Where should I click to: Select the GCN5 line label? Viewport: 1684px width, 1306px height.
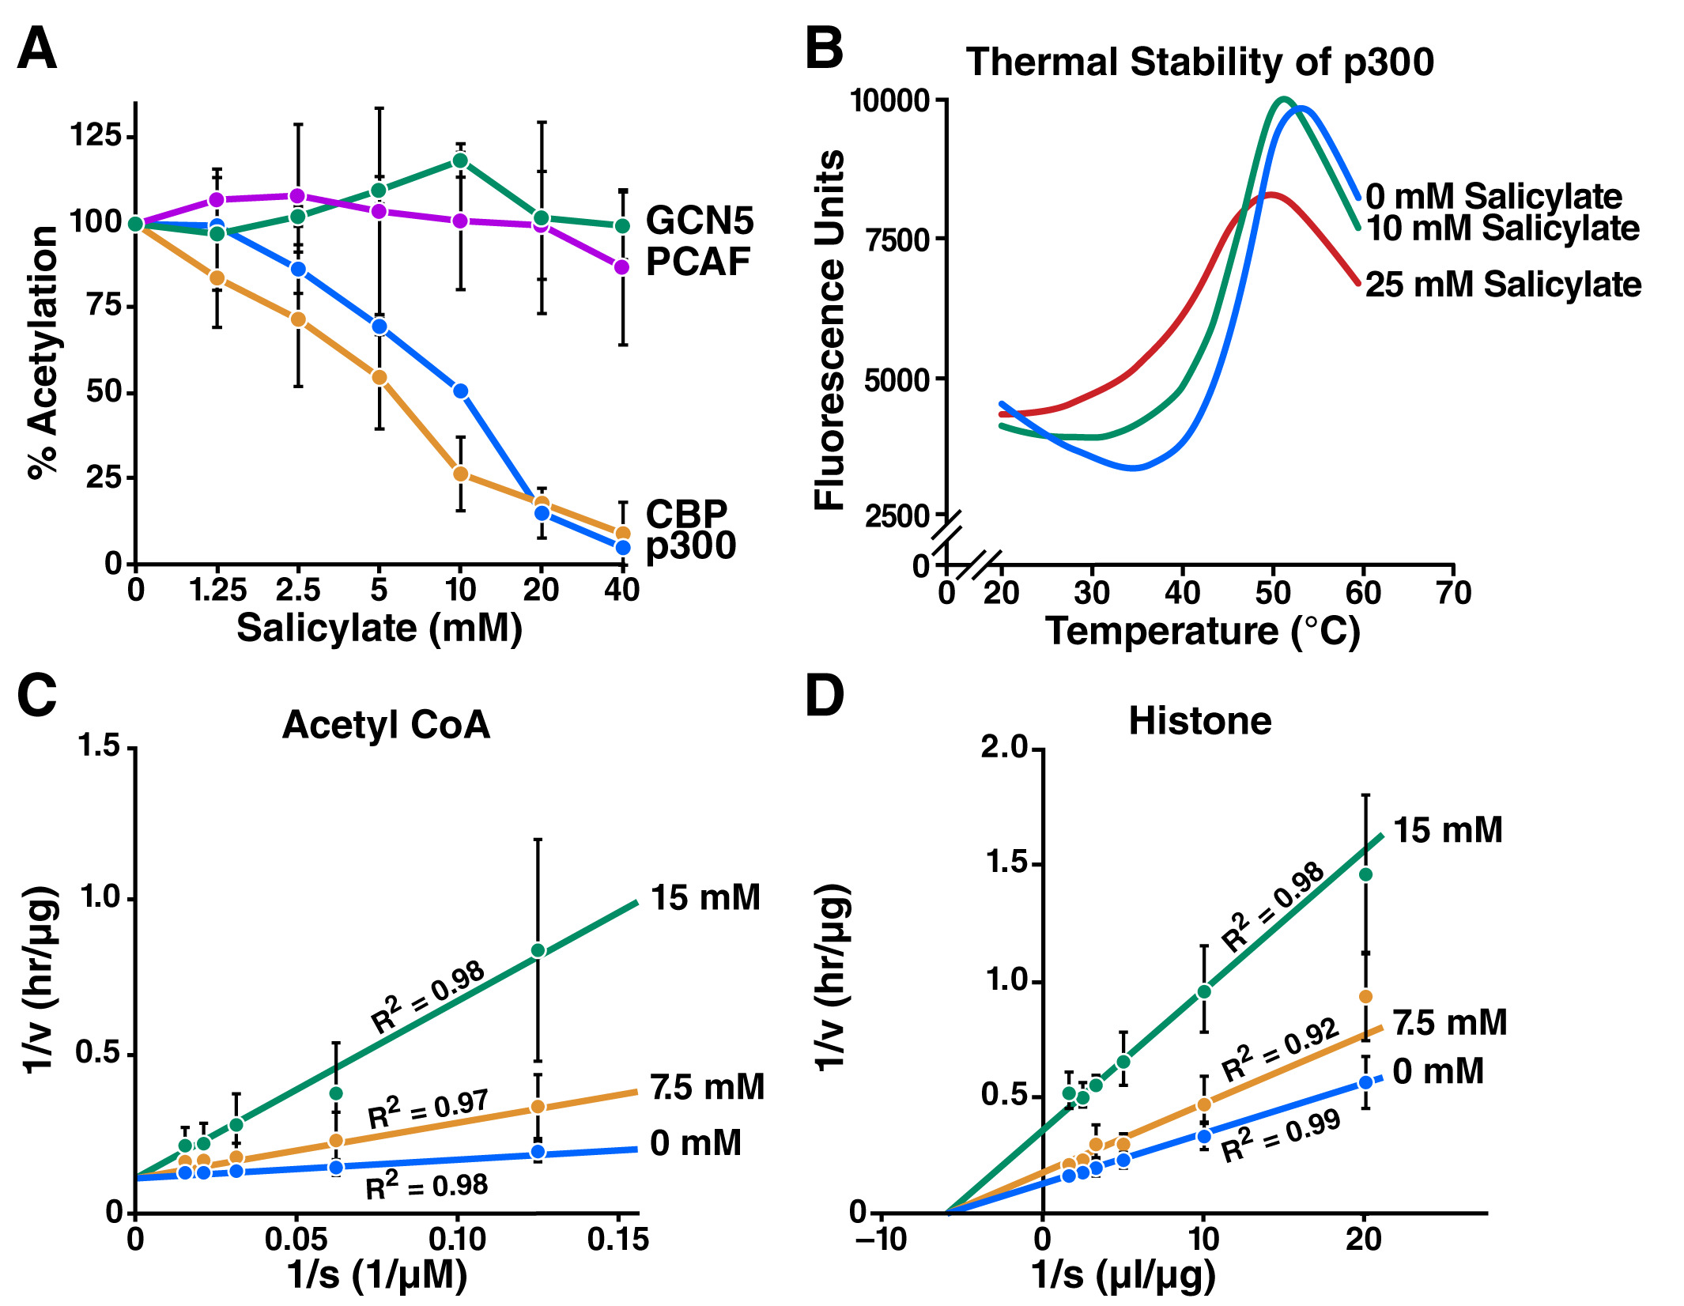pyautogui.click(x=700, y=220)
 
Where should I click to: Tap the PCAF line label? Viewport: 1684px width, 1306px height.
pyautogui.click(x=697, y=262)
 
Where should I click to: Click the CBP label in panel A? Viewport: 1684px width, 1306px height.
pyautogui.click(x=686, y=514)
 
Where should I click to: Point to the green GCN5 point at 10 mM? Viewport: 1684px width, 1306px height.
pyautogui.click(x=460, y=161)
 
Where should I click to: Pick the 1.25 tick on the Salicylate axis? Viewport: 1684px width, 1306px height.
pyautogui.click(x=217, y=590)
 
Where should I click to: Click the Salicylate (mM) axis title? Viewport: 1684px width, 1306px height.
pyautogui.click(x=379, y=629)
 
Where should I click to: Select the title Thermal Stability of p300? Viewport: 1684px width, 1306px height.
pyautogui.click(x=1199, y=62)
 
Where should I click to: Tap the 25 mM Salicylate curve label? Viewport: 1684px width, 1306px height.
pyautogui.click(x=1503, y=285)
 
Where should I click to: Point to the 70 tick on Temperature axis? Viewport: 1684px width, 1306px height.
pyautogui.click(x=1453, y=592)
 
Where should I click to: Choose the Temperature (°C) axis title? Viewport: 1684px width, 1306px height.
pyautogui.click(x=1203, y=632)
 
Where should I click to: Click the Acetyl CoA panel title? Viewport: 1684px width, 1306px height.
pyautogui.click(x=386, y=724)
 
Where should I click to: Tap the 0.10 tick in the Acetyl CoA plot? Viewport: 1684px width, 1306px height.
pyautogui.click(x=457, y=1238)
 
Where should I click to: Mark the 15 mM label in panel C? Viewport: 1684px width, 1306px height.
pyautogui.click(x=705, y=898)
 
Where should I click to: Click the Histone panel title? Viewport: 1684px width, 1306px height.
pyautogui.click(x=1199, y=721)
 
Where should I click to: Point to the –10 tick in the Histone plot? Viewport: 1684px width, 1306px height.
pyautogui.click(x=881, y=1238)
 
